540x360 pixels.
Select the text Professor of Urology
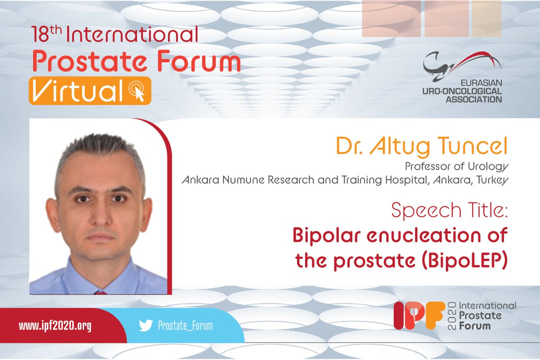coord(457,166)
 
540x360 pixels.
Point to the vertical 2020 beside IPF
coord(452,315)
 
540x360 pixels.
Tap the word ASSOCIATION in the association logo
coord(473,99)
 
